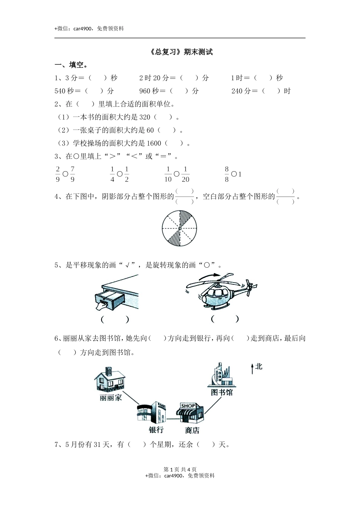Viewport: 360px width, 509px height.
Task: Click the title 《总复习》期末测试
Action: pos(181,52)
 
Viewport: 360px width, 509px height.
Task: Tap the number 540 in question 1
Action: pos(60,91)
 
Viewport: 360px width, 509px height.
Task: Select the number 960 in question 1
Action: pos(145,91)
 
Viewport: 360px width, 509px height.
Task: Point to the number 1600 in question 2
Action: pos(153,143)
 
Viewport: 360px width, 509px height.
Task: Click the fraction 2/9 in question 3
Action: pos(58,174)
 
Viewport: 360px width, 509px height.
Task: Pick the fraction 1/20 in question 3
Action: pos(185,174)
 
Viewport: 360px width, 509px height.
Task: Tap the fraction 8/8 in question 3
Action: pos(227,174)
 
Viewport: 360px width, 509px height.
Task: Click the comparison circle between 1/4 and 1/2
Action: pos(120,174)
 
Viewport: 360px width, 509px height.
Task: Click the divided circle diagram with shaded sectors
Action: pos(180,229)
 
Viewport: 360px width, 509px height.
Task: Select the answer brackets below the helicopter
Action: pos(225,319)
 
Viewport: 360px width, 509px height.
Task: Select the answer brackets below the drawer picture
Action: pos(115,319)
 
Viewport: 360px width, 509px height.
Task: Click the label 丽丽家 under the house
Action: pos(111,398)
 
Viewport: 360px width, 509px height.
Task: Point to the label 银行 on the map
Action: pos(156,429)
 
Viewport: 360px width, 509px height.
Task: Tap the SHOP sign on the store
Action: pos(188,406)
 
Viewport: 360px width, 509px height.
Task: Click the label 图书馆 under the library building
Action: pos(222,392)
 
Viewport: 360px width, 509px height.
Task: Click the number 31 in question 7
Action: pos(97,445)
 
